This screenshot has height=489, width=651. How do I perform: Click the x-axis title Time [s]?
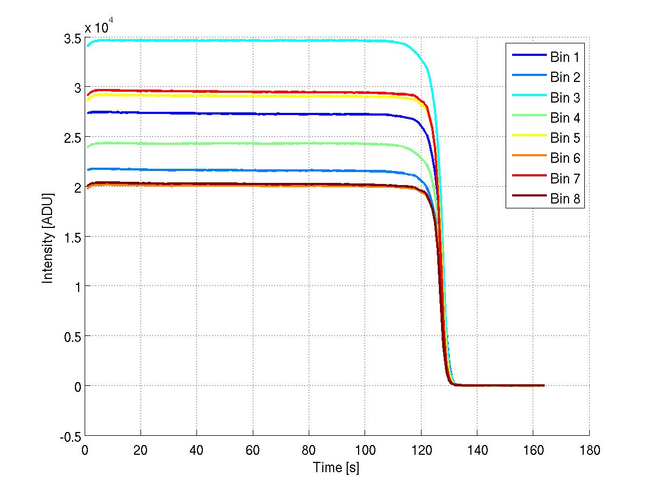[336, 467]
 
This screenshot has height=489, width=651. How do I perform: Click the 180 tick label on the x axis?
[589, 450]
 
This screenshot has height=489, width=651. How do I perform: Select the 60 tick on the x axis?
[253, 450]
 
